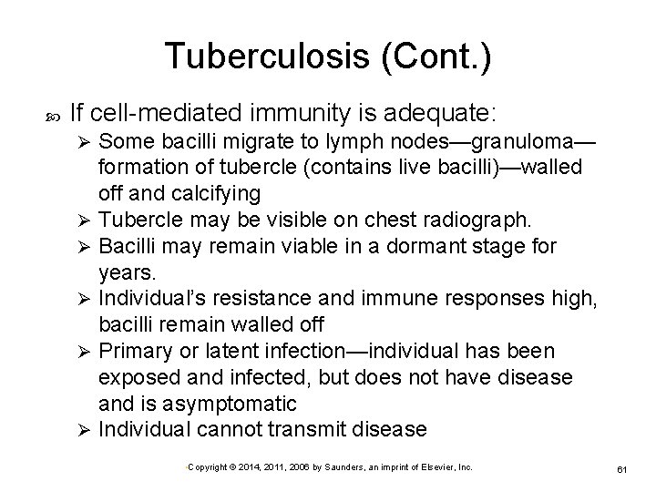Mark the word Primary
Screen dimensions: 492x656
pos(134,351)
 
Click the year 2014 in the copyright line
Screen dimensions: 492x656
pos(249,466)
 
